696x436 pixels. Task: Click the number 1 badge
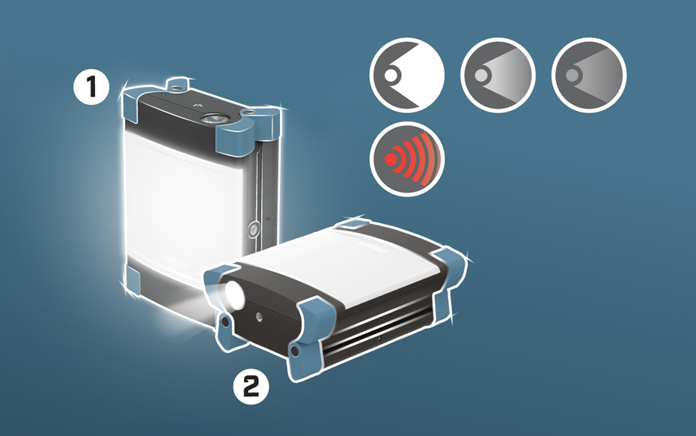[x=91, y=86]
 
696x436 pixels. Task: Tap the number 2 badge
[x=251, y=387]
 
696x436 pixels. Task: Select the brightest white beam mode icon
[x=407, y=75]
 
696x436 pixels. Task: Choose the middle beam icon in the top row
[x=498, y=75]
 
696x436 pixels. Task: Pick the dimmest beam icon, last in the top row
[x=589, y=75]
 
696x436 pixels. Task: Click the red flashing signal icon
[x=407, y=159]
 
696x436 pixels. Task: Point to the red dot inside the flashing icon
[x=391, y=159]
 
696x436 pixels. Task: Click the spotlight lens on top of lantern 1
[x=213, y=118]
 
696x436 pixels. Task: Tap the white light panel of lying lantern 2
[x=338, y=263]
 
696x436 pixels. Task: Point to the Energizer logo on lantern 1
[x=175, y=262]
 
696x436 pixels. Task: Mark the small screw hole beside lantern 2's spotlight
[x=259, y=317]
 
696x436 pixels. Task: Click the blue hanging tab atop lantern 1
[x=177, y=85]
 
